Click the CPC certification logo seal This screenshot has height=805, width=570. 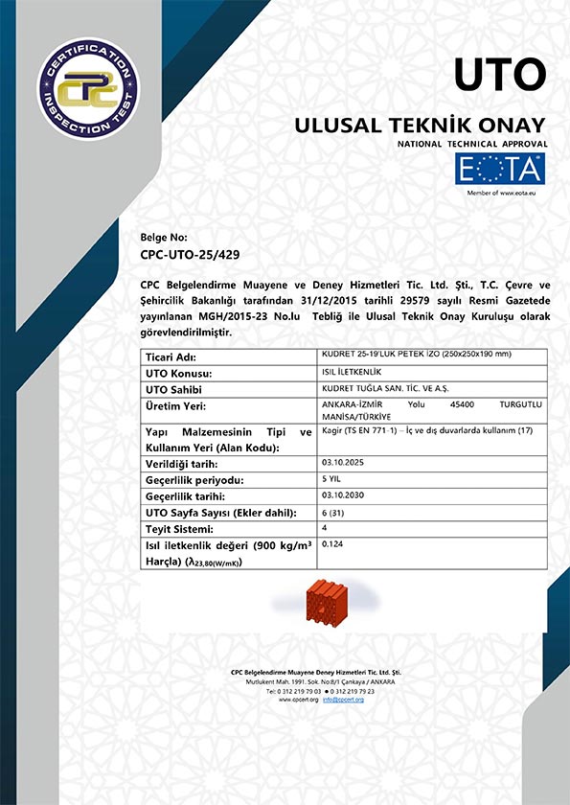pyautogui.click(x=87, y=87)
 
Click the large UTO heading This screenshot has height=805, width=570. pyautogui.click(x=499, y=74)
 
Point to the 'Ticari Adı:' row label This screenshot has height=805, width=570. pyautogui.click(x=171, y=356)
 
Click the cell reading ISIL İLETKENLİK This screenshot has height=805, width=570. pyautogui.click(x=351, y=372)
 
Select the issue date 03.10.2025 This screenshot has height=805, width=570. pyautogui.click(x=343, y=462)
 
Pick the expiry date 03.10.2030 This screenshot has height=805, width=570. pyautogui.click(x=343, y=495)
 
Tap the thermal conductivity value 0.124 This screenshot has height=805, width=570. pyautogui.click(x=333, y=544)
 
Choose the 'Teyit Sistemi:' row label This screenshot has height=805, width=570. pyautogui.click(x=180, y=529)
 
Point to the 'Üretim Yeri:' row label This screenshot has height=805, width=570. pyautogui.click(x=177, y=406)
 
